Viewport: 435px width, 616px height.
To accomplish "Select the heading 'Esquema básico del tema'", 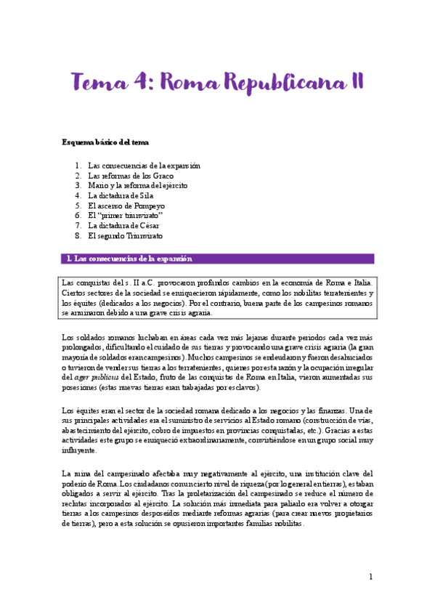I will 105,142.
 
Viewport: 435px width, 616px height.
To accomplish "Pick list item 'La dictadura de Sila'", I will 121,195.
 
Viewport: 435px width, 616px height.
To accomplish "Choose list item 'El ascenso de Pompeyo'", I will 125,206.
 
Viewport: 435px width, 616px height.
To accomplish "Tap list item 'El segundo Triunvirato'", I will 125,236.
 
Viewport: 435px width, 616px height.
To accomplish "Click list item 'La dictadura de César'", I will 123,226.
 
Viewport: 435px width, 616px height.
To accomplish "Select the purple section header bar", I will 218,259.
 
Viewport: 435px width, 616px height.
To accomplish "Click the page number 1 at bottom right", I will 370,577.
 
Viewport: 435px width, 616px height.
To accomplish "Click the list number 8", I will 78,236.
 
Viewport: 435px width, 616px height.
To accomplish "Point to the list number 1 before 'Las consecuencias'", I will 78,166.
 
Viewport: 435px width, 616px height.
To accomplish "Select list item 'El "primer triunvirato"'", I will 126,216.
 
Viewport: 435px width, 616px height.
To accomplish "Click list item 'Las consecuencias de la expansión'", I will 144,166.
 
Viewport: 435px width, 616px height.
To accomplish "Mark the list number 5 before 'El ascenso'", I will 78,206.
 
